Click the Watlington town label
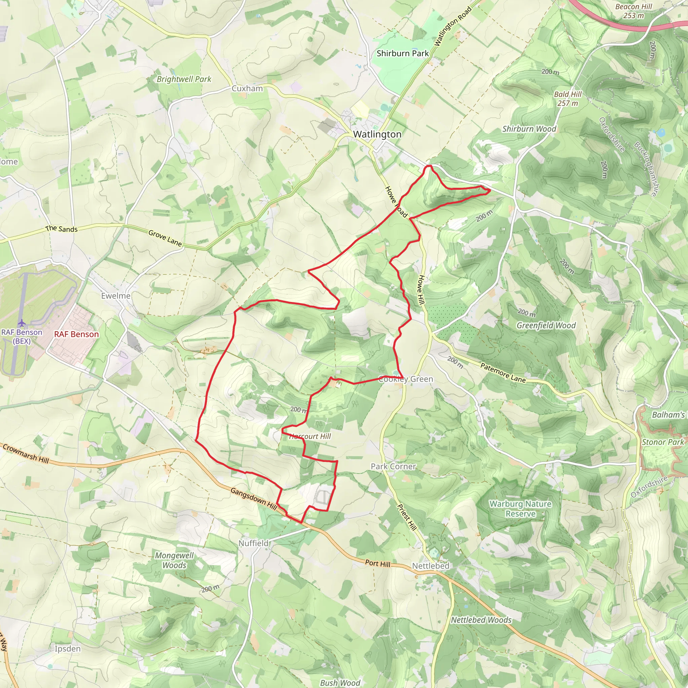[x=377, y=134]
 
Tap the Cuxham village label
[x=247, y=88]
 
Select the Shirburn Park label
[x=402, y=53]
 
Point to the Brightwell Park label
[x=184, y=79]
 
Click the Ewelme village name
[x=116, y=296]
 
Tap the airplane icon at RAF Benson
[x=22, y=323]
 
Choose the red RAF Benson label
[x=76, y=334]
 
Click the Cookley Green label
[x=405, y=379]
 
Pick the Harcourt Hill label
[x=310, y=436]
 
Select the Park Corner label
[x=393, y=466]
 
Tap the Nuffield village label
[x=254, y=543]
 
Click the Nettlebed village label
[x=431, y=565]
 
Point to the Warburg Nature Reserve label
[x=520, y=509]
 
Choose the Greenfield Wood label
[x=546, y=325]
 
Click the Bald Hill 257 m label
[x=568, y=99]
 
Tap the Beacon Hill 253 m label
[x=634, y=11]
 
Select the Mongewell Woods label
[x=174, y=560]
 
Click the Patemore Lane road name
[x=503, y=373]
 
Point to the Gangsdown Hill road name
[x=254, y=499]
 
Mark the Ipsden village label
[x=68, y=648]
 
